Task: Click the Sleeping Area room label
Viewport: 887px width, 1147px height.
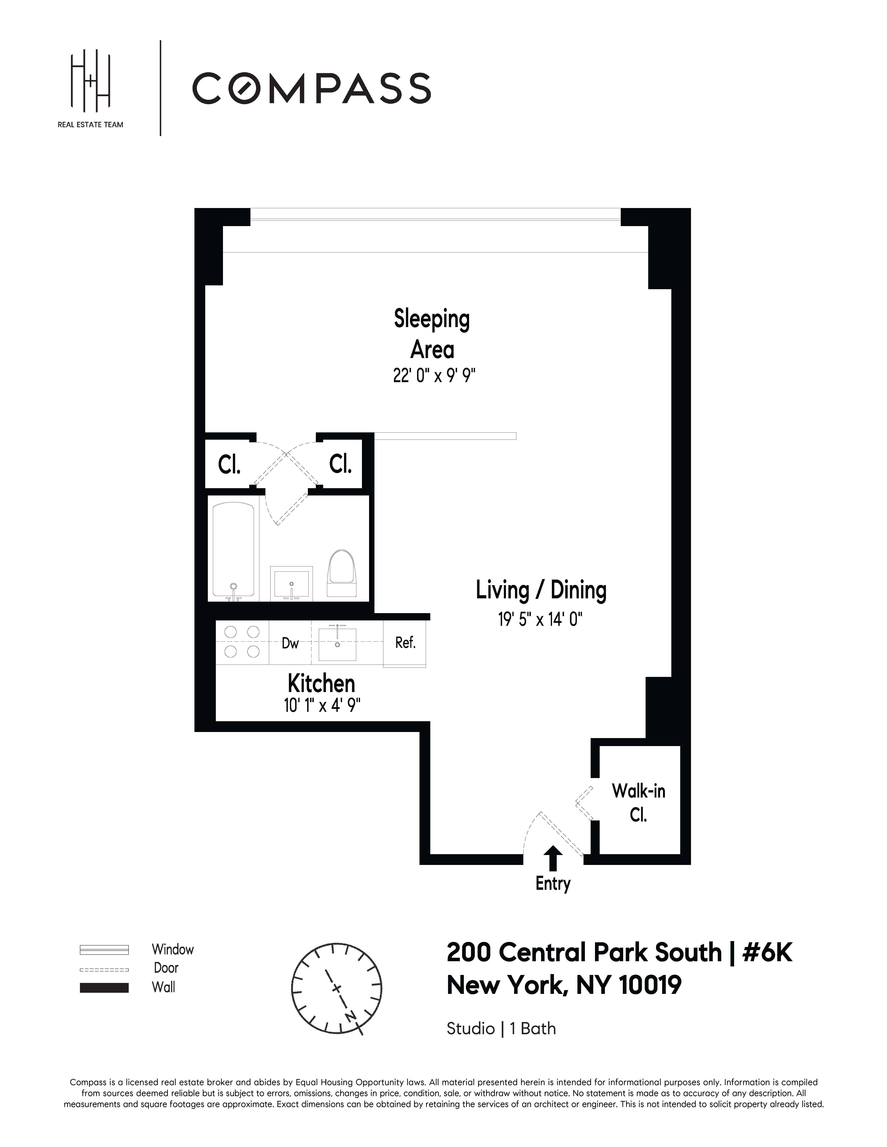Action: click(432, 334)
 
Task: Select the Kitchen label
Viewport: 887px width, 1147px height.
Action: click(321, 684)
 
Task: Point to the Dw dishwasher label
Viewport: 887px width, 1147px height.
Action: click(290, 643)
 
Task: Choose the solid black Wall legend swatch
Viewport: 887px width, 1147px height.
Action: click(104, 987)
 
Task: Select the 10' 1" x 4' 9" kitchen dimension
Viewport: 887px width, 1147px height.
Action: click(322, 705)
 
